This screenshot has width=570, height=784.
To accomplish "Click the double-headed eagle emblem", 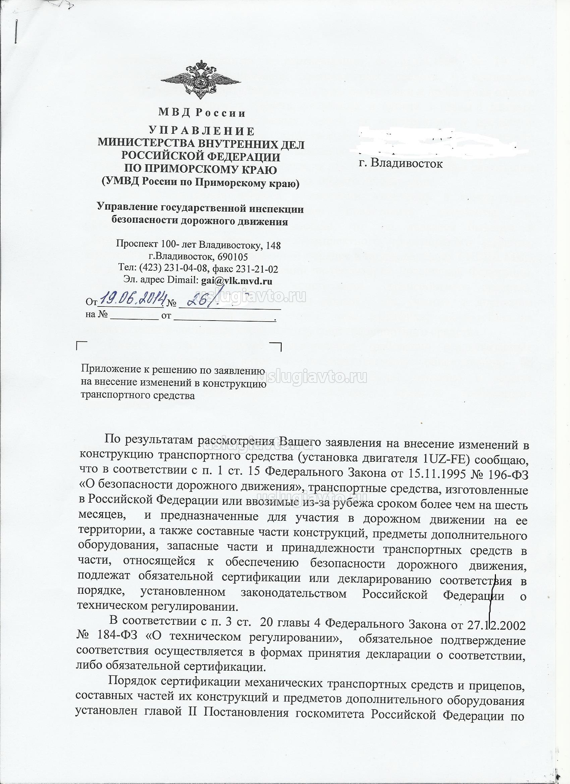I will tap(201, 80).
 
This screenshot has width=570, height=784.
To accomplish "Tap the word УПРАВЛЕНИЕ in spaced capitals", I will tap(202, 131).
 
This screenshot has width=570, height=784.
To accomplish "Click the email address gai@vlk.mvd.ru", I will tap(237, 281).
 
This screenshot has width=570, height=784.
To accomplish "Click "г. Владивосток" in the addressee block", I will tap(401, 163).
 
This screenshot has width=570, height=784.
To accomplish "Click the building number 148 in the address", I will tap(274, 245).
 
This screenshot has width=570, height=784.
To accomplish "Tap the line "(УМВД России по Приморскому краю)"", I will tap(201, 183).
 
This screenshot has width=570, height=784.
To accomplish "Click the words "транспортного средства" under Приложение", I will tap(137, 395).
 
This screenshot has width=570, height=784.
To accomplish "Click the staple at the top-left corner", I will tap(16, 32).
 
